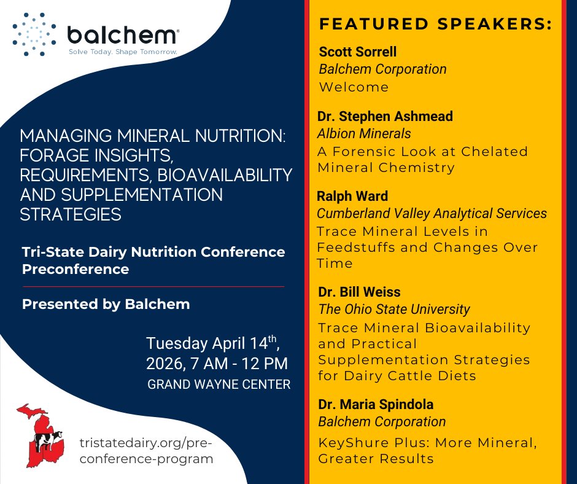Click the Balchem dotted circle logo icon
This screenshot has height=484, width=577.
point(34,33)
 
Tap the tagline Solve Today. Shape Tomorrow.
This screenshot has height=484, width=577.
point(122,52)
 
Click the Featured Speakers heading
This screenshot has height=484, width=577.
point(435,25)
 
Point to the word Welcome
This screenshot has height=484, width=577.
point(354,87)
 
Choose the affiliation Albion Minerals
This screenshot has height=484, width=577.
point(364,133)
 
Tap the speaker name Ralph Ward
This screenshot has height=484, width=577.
point(353,196)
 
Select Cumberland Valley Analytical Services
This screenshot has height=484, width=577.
point(432,214)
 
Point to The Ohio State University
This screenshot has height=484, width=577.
point(393,310)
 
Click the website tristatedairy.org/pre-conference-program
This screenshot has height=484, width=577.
point(147,451)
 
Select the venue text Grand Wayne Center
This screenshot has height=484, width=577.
point(219,385)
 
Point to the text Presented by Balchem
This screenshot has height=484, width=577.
point(106,304)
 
